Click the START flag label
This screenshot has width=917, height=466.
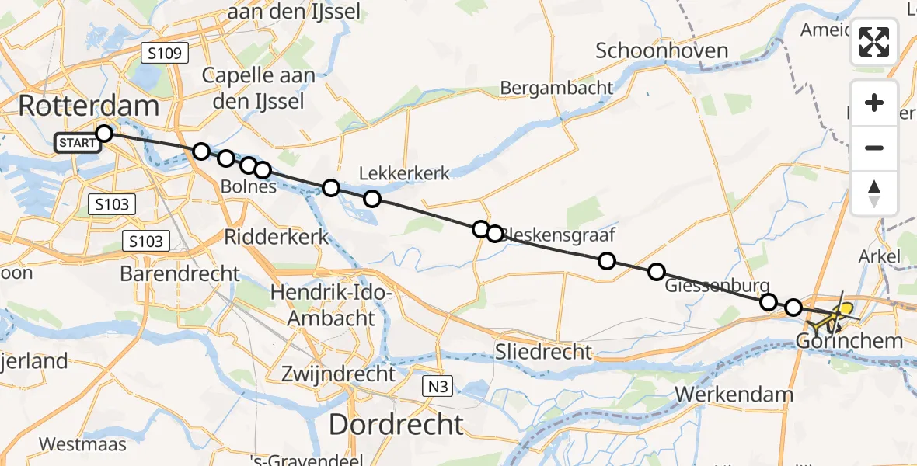pos(76,143)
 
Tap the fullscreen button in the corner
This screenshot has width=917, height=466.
pos(874,42)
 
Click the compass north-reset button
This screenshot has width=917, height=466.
pos(874,193)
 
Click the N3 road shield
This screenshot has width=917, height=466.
pos(437,386)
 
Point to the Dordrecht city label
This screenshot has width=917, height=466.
pos(396,424)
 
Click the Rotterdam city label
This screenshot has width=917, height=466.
pos(88,106)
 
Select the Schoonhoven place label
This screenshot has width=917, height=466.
pos(662,51)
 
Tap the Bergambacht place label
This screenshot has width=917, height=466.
pos(556,88)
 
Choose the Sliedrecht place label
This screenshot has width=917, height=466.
pos(544,352)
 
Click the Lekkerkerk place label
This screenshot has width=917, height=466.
pos(404,172)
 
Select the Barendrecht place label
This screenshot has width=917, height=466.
pos(180,273)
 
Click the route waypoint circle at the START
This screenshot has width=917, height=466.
pos(103,134)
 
